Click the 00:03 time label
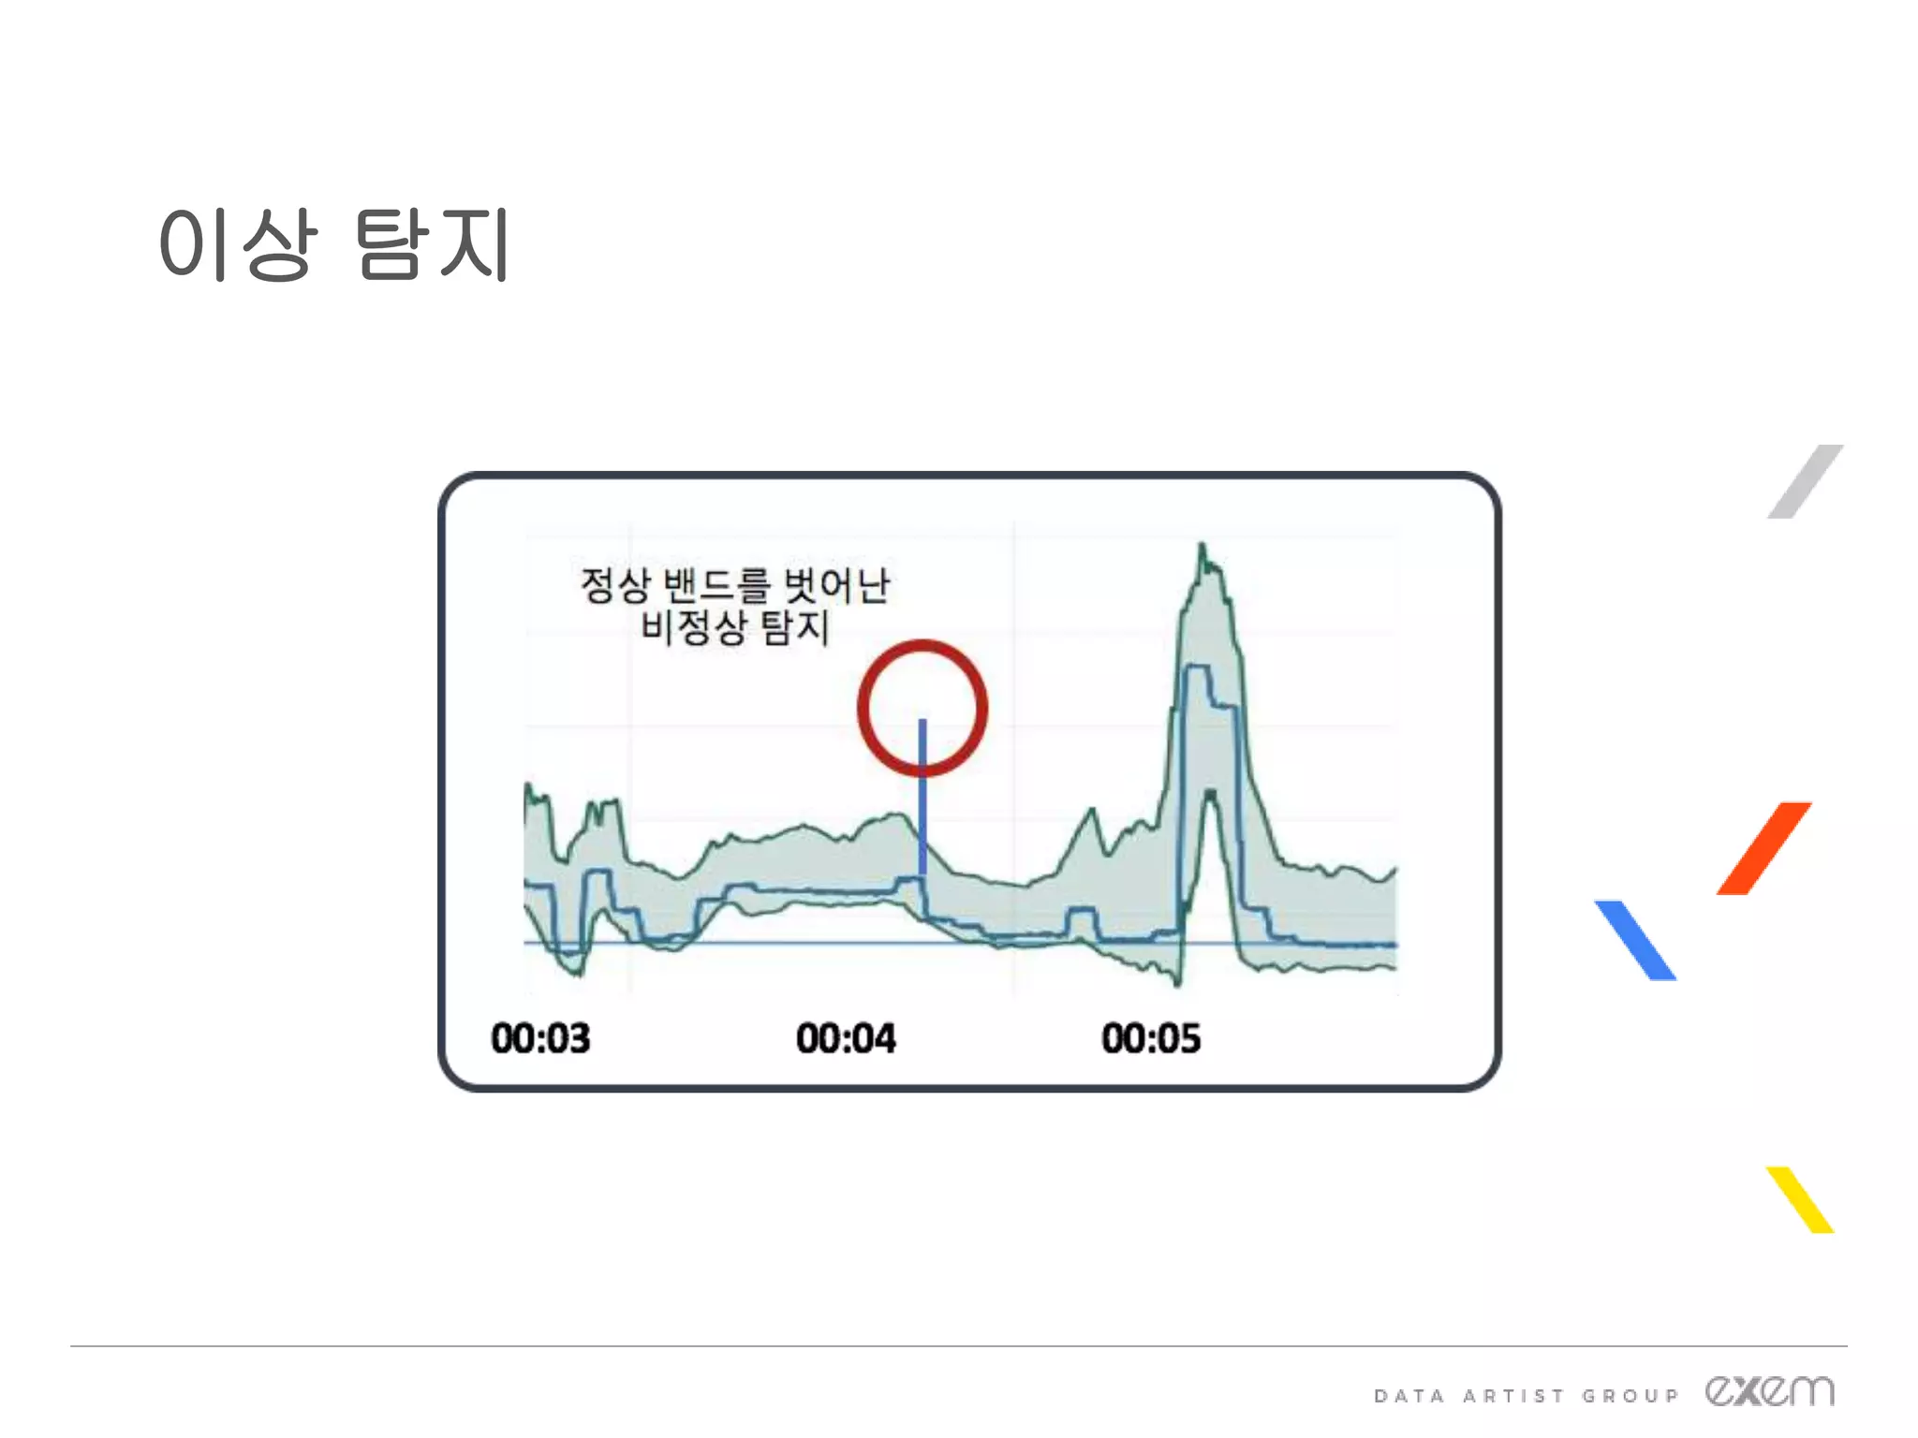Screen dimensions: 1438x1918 point(540,1038)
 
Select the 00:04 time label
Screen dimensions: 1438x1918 point(846,1038)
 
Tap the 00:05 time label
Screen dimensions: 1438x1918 point(1151,1038)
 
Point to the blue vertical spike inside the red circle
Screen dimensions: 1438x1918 point(922,796)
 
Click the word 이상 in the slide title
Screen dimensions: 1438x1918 point(238,244)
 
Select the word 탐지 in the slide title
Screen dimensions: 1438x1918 point(433,244)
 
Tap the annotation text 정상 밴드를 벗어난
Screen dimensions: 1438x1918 point(735,585)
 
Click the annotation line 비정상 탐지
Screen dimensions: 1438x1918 point(735,626)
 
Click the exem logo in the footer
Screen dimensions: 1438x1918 point(1769,1391)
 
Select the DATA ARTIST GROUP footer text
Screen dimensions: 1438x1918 point(1526,1396)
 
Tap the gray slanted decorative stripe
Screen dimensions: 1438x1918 point(1806,481)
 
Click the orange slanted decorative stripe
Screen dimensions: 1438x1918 point(1763,848)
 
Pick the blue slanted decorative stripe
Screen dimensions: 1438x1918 point(1635,940)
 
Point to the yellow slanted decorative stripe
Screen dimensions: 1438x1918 point(1800,1199)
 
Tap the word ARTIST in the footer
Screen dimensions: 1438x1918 point(1513,1396)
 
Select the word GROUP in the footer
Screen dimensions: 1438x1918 point(1630,1396)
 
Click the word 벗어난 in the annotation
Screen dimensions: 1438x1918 point(836,585)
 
